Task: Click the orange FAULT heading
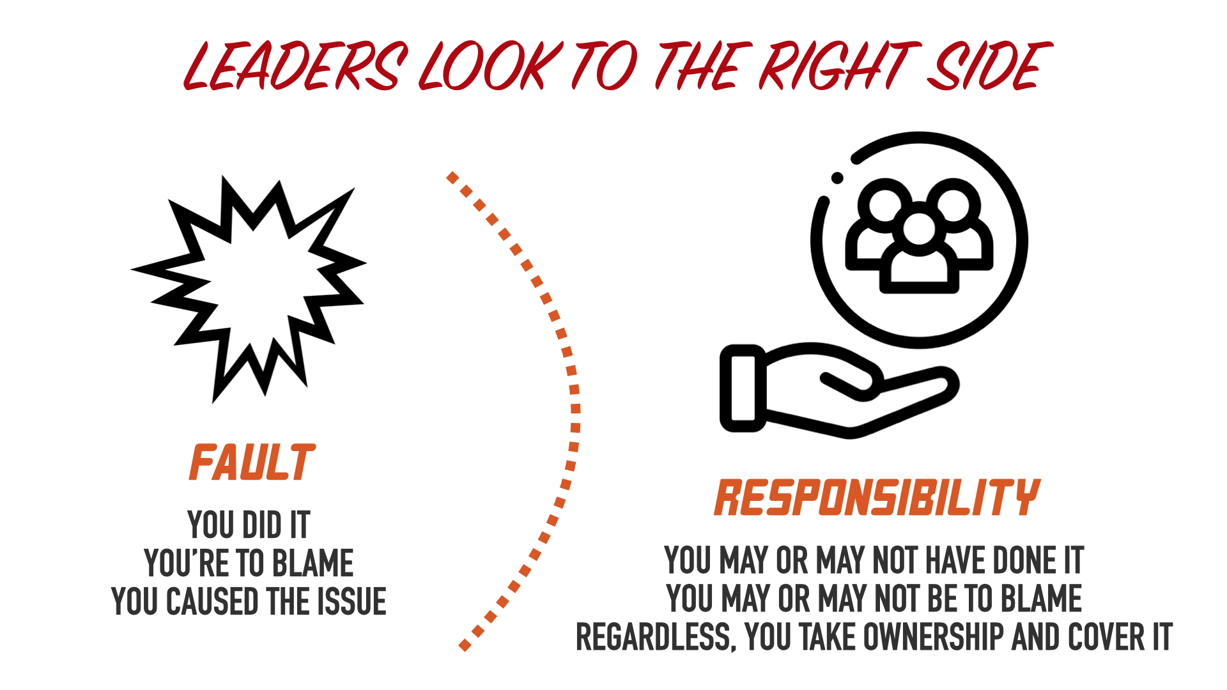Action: [252, 463]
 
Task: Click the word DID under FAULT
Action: [262, 525]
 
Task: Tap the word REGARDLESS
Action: [655, 638]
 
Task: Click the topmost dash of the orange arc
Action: [452, 178]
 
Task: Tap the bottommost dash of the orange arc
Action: [465, 646]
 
